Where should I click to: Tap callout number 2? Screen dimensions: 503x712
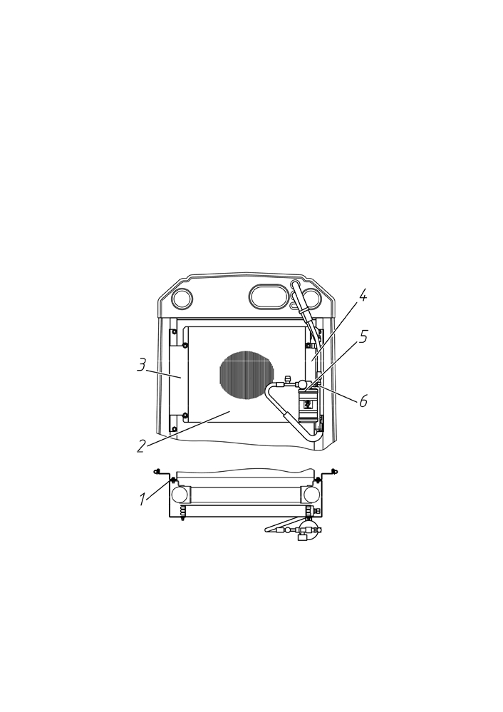point(141,446)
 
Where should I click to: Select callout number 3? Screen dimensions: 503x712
point(142,365)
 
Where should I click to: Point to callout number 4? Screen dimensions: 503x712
point(362,296)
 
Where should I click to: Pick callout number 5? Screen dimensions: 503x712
point(363,337)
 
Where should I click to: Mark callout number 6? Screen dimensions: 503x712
point(363,401)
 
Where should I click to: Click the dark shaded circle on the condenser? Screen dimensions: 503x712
point(247,376)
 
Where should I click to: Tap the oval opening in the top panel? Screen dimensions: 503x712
point(269,297)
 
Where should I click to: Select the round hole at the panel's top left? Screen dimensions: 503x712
point(182,299)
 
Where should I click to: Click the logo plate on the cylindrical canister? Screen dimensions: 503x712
point(308,403)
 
